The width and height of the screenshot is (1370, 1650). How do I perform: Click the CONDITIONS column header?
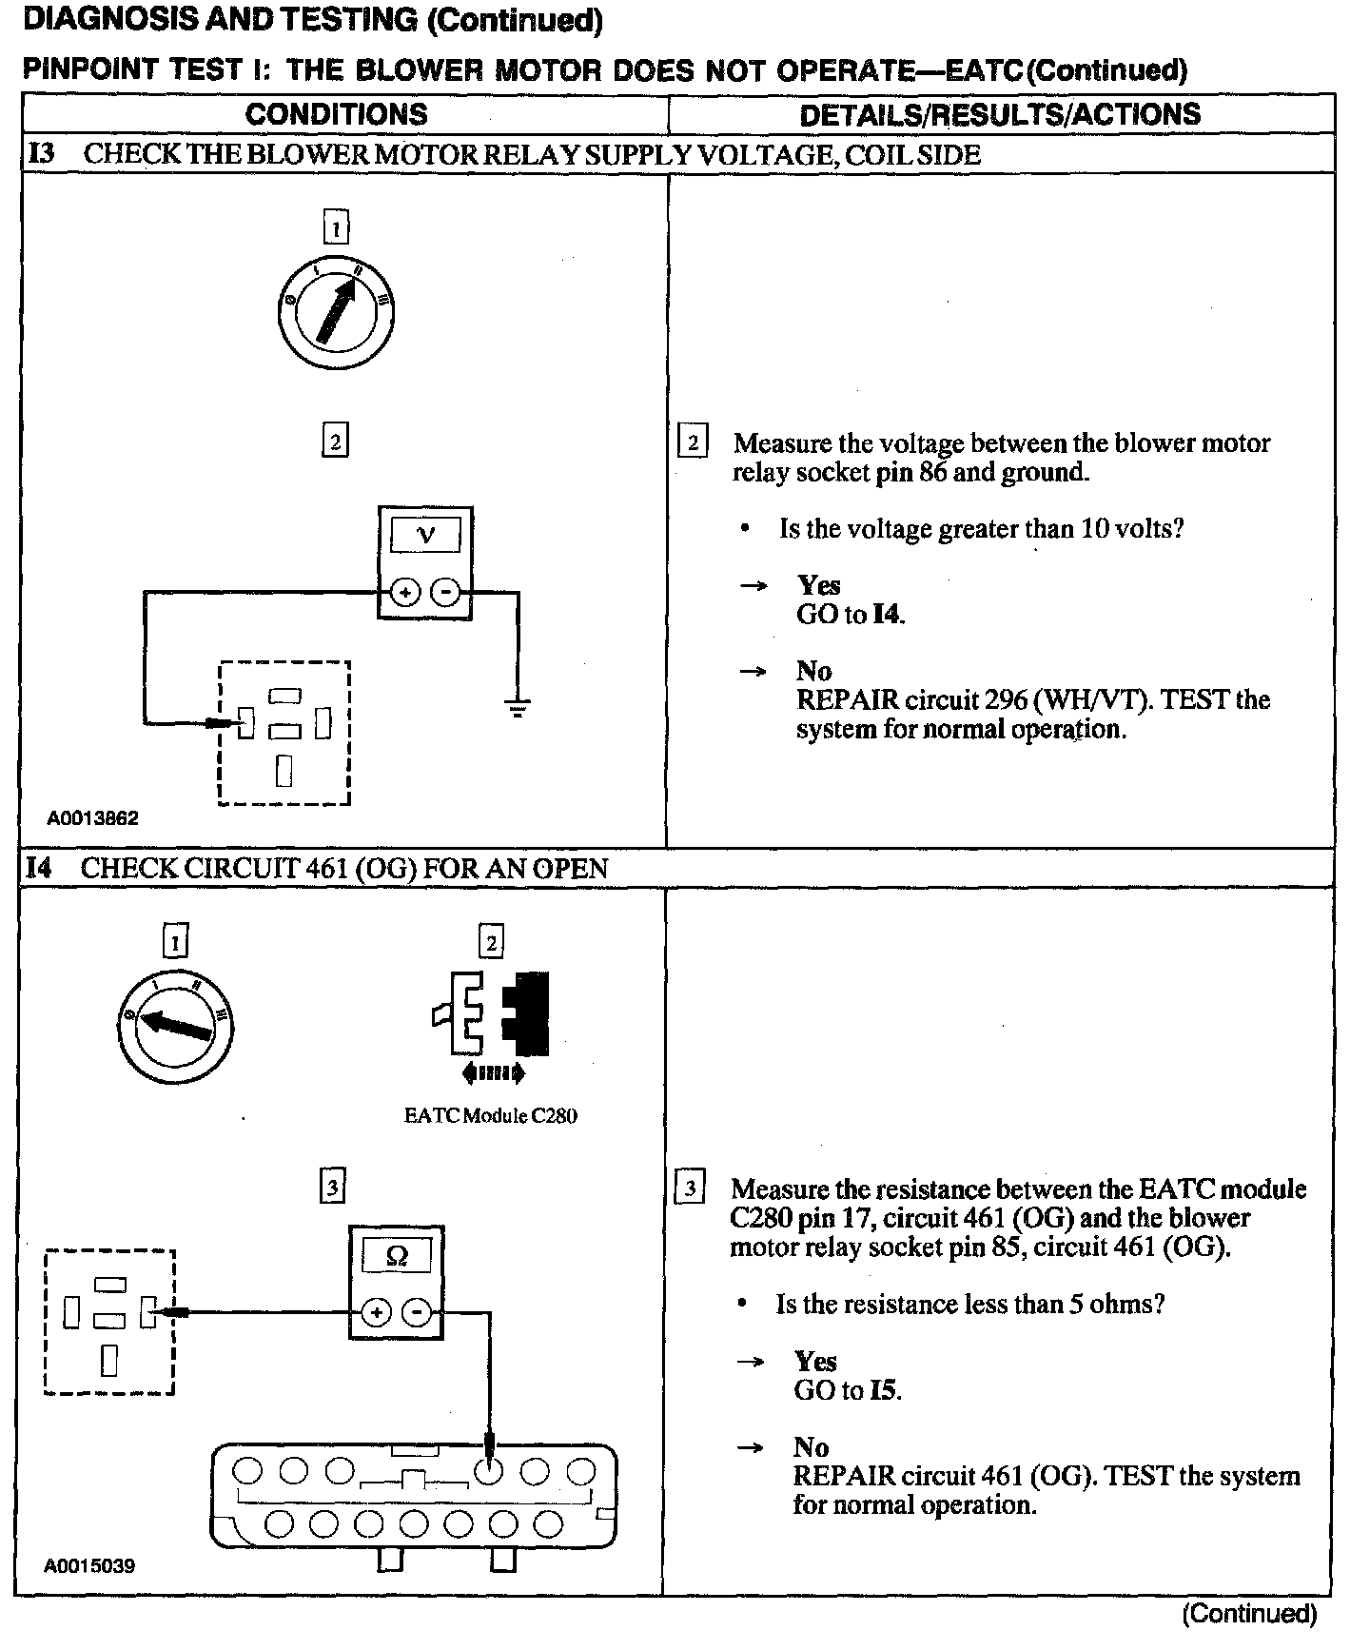[336, 114]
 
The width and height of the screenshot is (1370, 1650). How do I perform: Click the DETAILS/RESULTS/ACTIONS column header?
[1000, 114]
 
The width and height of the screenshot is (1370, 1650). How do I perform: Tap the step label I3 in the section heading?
[41, 154]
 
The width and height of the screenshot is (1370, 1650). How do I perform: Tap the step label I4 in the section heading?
[39, 868]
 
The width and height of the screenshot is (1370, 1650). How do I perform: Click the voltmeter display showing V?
[425, 535]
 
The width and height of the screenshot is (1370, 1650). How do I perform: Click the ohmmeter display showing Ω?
[397, 1256]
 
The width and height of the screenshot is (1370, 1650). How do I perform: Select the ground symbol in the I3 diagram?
[518, 707]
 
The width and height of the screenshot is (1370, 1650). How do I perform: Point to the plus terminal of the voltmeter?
[405, 593]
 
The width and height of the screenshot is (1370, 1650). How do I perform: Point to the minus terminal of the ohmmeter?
[417, 1314]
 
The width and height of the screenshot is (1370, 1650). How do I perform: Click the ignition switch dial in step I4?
[175, 1026]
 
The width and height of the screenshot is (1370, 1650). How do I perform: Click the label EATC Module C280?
[491, 1115]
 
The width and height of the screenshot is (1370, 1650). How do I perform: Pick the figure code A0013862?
[93, 818]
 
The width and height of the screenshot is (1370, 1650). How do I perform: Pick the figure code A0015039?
[89, 1565]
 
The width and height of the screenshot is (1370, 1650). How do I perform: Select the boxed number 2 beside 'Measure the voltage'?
[693, 442]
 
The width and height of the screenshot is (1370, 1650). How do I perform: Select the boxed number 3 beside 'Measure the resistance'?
[689, 1188]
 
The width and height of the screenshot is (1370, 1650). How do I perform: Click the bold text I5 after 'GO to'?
[884, 1390]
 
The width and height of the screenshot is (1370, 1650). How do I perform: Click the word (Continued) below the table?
[1249, 1614]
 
